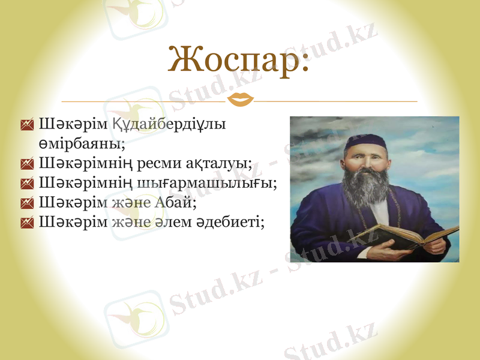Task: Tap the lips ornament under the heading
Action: (242, 100)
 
